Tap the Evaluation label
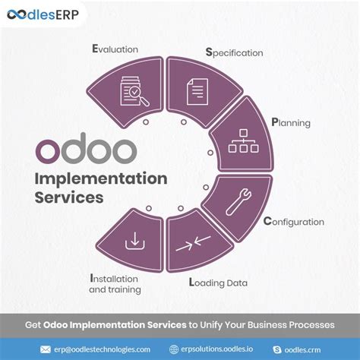click(x=115, y=49)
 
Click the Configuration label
click(x=293, y=222)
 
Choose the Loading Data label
click(x=217, y=283)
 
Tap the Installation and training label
click(x=115, y=283)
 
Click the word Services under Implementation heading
click(x=68, y=198)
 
